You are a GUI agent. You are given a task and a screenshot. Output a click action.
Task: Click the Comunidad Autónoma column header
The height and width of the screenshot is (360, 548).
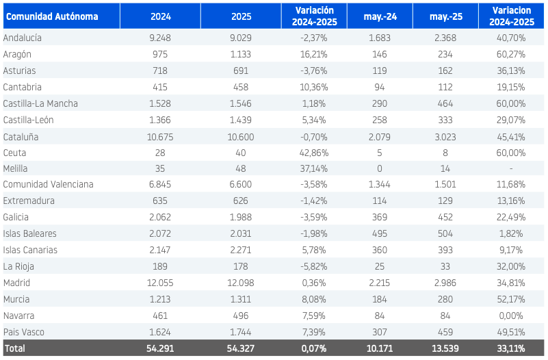52,16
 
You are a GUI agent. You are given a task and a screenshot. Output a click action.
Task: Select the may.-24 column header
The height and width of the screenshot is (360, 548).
380,16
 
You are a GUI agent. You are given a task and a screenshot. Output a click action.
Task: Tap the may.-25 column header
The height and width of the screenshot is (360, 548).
445,16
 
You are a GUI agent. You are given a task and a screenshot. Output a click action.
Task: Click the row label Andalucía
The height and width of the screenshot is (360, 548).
23,38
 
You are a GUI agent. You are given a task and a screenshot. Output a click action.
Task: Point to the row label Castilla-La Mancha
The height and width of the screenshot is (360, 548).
40,103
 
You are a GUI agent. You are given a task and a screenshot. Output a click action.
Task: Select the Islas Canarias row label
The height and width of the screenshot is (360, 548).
30,250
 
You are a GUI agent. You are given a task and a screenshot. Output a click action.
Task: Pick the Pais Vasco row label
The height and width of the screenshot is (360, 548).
24,332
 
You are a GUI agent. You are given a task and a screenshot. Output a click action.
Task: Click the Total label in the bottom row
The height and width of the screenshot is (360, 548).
14,348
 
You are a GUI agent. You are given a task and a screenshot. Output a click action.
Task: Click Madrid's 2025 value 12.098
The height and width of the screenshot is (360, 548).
241,283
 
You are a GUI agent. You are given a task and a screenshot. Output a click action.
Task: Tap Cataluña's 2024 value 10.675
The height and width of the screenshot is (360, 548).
160,137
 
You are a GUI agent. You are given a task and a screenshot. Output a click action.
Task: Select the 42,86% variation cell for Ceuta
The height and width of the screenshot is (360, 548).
314,153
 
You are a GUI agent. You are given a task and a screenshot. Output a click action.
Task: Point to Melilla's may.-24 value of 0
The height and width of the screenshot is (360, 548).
380,168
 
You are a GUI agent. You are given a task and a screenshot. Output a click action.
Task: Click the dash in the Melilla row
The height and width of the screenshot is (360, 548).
511,169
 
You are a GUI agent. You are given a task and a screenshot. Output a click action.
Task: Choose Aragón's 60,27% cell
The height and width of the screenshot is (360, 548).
511,54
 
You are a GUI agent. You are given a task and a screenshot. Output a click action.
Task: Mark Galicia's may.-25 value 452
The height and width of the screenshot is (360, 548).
445,217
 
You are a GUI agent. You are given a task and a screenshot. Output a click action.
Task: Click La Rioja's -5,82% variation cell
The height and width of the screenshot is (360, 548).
314,266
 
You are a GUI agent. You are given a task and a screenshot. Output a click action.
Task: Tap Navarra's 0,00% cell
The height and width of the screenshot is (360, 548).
511,316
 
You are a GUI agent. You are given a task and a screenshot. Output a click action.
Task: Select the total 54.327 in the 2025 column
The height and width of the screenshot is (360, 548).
241,348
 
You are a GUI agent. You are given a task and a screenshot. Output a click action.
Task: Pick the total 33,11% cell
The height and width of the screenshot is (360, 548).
511,348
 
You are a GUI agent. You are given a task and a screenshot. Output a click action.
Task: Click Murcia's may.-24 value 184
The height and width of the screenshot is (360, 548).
380,299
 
